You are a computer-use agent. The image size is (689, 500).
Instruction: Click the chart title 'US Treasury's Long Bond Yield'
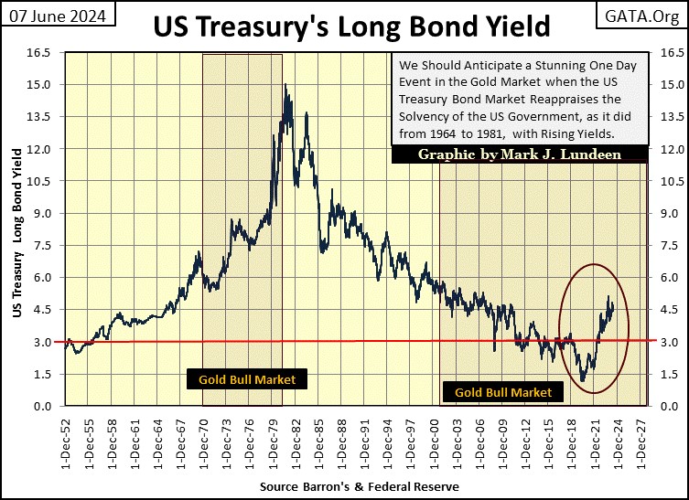(x=351, y=27)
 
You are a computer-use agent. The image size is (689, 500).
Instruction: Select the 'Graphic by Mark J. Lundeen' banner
(x=519, y=154)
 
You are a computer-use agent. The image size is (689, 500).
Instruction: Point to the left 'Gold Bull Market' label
(x=242, y=378)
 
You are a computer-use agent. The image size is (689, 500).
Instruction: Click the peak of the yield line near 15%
(x=286, y=86)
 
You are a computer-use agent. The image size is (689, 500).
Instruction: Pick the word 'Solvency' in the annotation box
(x=425, y=117)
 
